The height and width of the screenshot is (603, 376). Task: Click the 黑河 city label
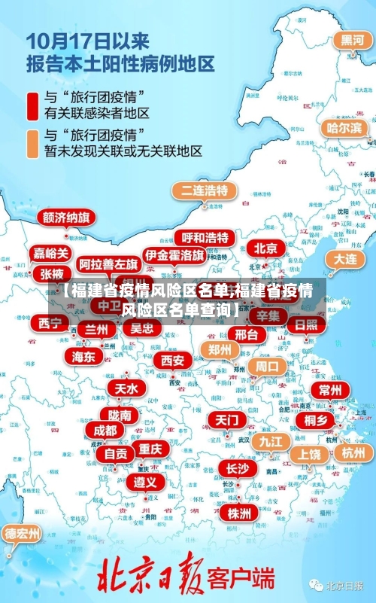click(352, 40)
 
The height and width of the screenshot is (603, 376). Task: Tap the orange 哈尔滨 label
click(344, 128)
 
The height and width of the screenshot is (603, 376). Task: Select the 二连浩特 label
click(202, 190)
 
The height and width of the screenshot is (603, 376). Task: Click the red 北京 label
click(265, 248)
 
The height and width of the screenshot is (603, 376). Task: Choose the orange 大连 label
click(345, 258)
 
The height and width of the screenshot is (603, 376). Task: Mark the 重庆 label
click(150, 449)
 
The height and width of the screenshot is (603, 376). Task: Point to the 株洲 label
click(239, 492)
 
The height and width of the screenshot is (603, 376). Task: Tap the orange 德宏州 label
click(23, 534)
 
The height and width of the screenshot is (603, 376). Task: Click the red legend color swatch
click(32, 105)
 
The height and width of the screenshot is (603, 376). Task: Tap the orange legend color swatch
click(32, 143)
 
